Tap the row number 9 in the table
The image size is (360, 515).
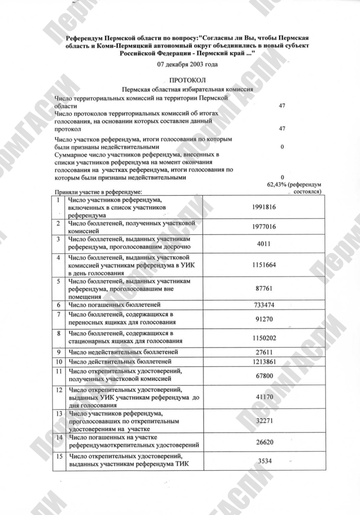pyautogui.click(x=59, y=352)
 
